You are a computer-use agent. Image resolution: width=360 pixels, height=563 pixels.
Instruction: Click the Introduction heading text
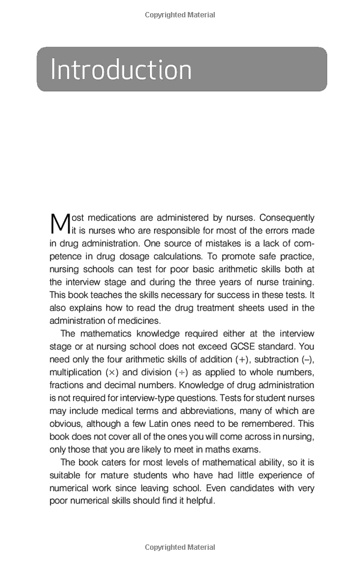[121, 70]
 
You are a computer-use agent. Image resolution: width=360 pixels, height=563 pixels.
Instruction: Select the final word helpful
[199, 501]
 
